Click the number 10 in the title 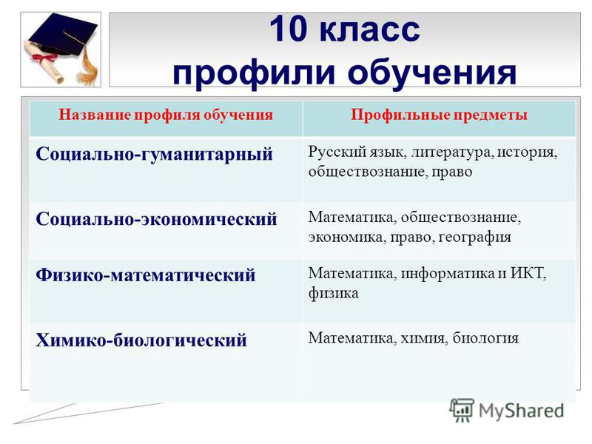[x=287, y=29]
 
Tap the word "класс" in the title [x=369, y=30]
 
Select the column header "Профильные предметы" [x=439, y=115]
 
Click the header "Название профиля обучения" [x=166, y=115]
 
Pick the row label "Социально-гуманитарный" [x=154, y=155]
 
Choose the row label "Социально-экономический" [x=156, y=219]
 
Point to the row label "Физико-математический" [x=145, y=275]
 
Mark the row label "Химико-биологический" [x=141, y=340]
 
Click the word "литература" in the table [x=452, y=152]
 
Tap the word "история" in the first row [x=527, y=152]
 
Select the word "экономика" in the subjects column [x=347, y=238]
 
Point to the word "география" [x=475, y=238]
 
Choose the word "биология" [x=485, y=338]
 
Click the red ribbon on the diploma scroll [x=44, y=58]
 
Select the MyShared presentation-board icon [x=461, y=410]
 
